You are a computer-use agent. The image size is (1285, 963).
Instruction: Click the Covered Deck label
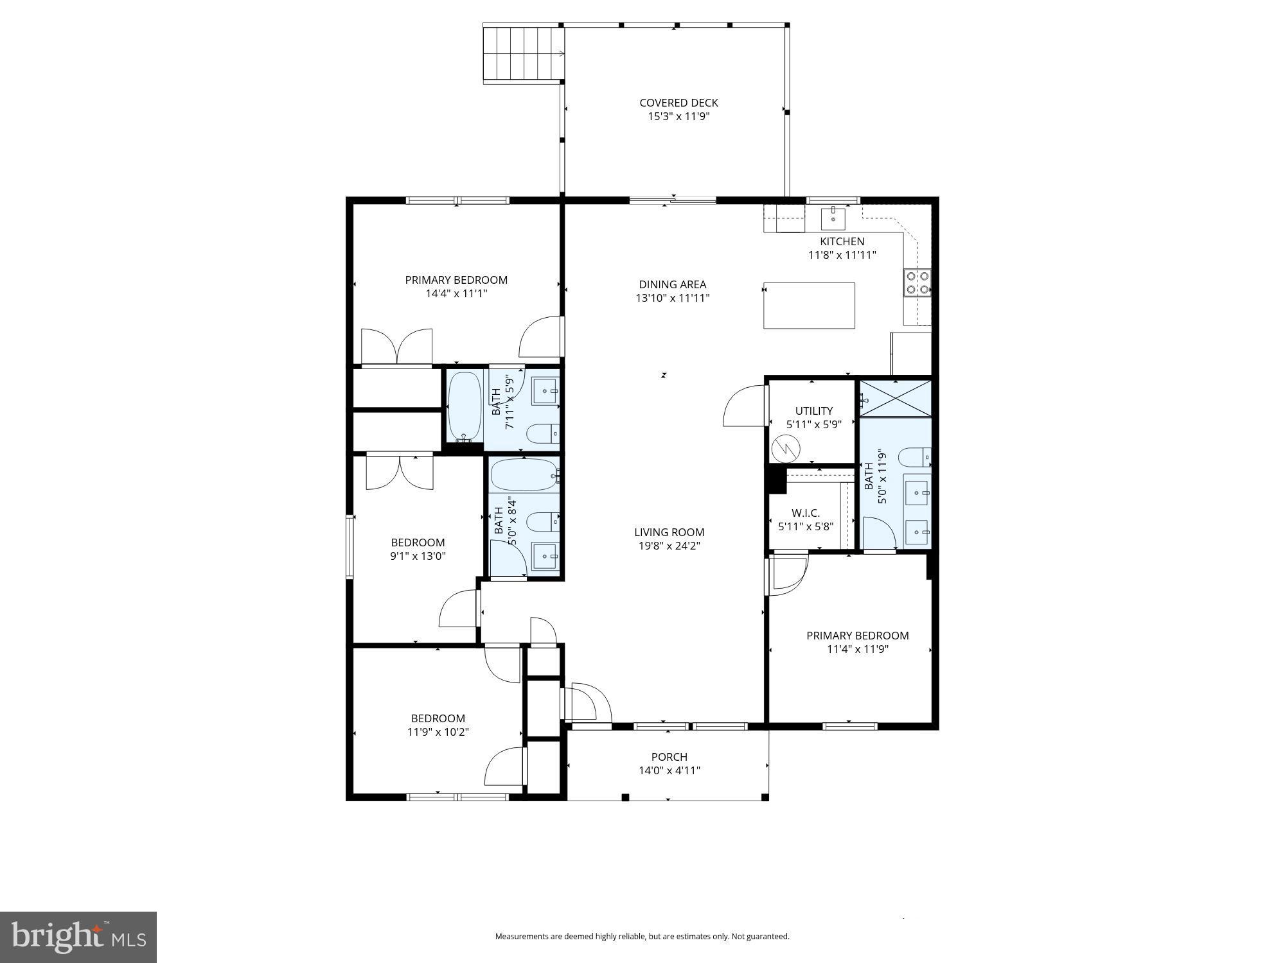tap(678, 103)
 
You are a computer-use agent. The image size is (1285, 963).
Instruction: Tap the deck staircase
tap(523, 53)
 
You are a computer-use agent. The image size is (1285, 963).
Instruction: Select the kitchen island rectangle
tap(809, 306)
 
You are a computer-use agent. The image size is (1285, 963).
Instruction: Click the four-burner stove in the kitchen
tap(917, 283)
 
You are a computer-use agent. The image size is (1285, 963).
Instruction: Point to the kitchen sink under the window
tap(833, 218)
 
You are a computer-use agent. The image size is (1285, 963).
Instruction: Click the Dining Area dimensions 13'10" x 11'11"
tap(673, 298)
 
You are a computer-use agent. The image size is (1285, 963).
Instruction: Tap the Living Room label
tap(669, 532)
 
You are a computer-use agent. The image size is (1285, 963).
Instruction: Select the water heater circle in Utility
tap(786, 448)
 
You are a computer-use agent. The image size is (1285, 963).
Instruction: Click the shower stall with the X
tap(896, 399)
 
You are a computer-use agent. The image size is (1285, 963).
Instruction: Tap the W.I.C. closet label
tap(805, 513)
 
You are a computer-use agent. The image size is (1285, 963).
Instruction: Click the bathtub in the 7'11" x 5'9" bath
tap(465, 406)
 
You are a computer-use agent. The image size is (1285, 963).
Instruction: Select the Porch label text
tap(669, 757)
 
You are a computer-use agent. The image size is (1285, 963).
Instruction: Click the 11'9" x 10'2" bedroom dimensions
tap(438, 732)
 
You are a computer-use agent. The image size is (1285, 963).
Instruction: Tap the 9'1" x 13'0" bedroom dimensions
tap(418, 556)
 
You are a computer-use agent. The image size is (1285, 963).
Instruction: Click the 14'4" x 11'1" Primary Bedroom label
tap(456, 280)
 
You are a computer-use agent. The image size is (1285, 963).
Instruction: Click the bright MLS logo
tap(78, 937)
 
